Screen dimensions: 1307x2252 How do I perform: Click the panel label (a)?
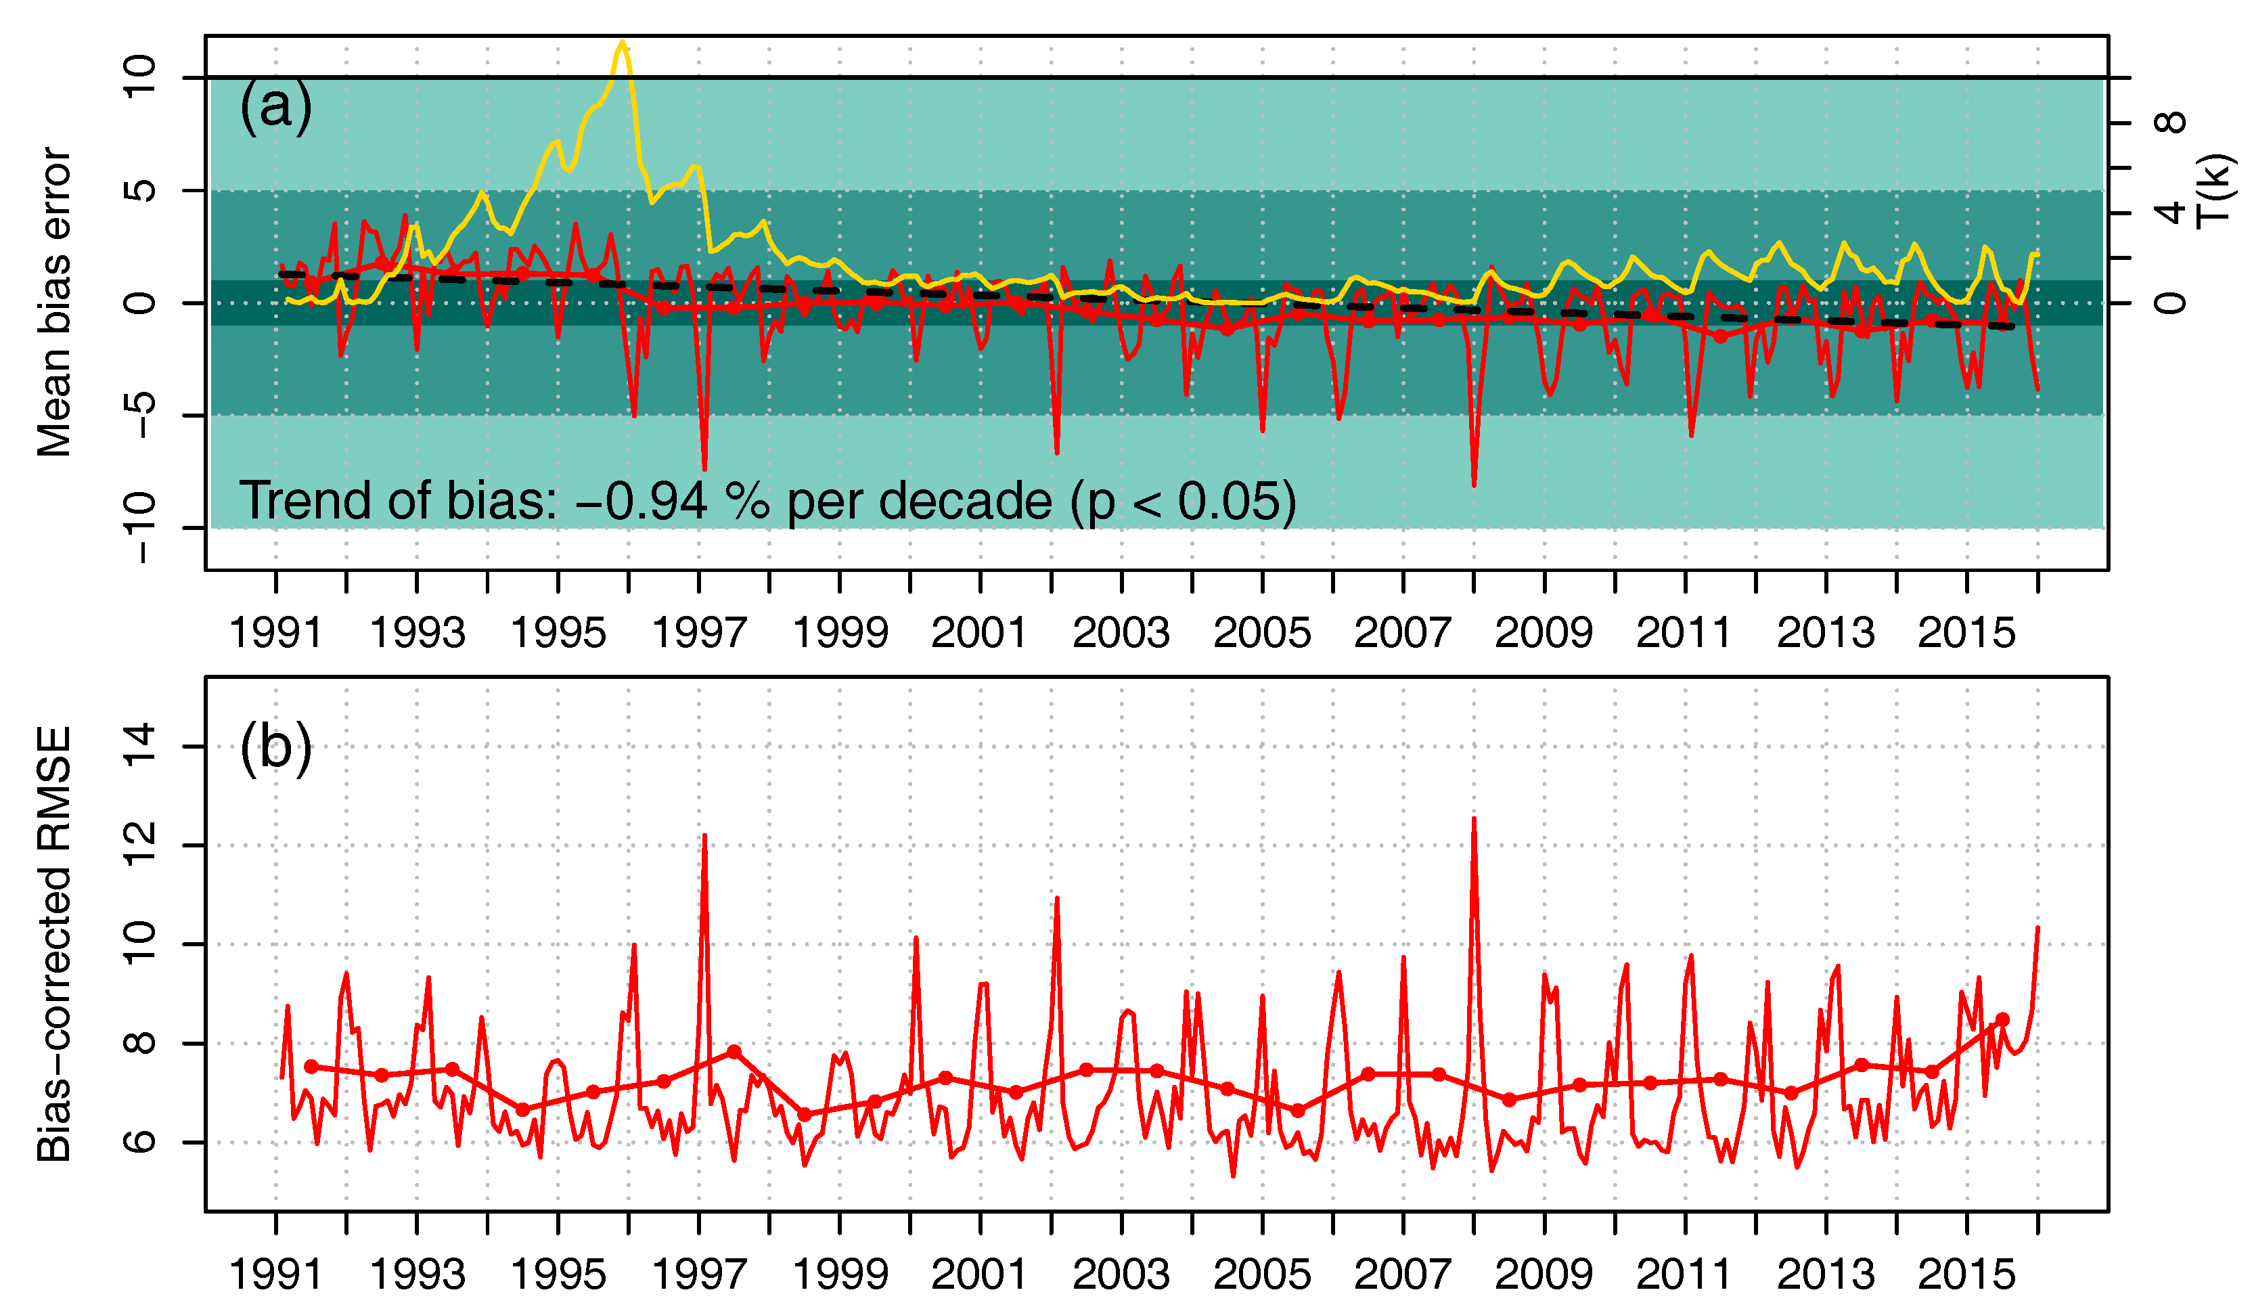pos(275,106)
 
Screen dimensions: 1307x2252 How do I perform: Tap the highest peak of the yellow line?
pos(623,42)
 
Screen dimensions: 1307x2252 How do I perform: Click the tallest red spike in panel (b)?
pos(1474,820)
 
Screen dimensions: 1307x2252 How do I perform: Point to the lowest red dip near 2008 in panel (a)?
pos(1474,485)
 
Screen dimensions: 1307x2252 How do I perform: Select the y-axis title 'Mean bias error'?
pos(53,302)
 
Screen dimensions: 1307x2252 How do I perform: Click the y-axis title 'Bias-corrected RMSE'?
pos(53,943)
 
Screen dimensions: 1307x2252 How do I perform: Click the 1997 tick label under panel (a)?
pos(699,633)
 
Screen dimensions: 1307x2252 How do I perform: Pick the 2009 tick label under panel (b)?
pos(1544,1274)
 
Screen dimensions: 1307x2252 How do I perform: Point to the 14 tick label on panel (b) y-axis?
pos(139,746)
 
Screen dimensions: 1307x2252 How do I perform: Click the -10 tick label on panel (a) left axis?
pos(139,527)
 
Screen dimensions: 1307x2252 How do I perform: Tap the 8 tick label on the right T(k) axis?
pos(2170,123)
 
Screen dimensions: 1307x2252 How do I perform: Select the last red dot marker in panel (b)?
pos(2003,1019)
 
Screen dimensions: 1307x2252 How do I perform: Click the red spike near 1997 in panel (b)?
pos(704,837)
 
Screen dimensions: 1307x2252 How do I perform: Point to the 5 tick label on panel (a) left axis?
pos(139,190)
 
